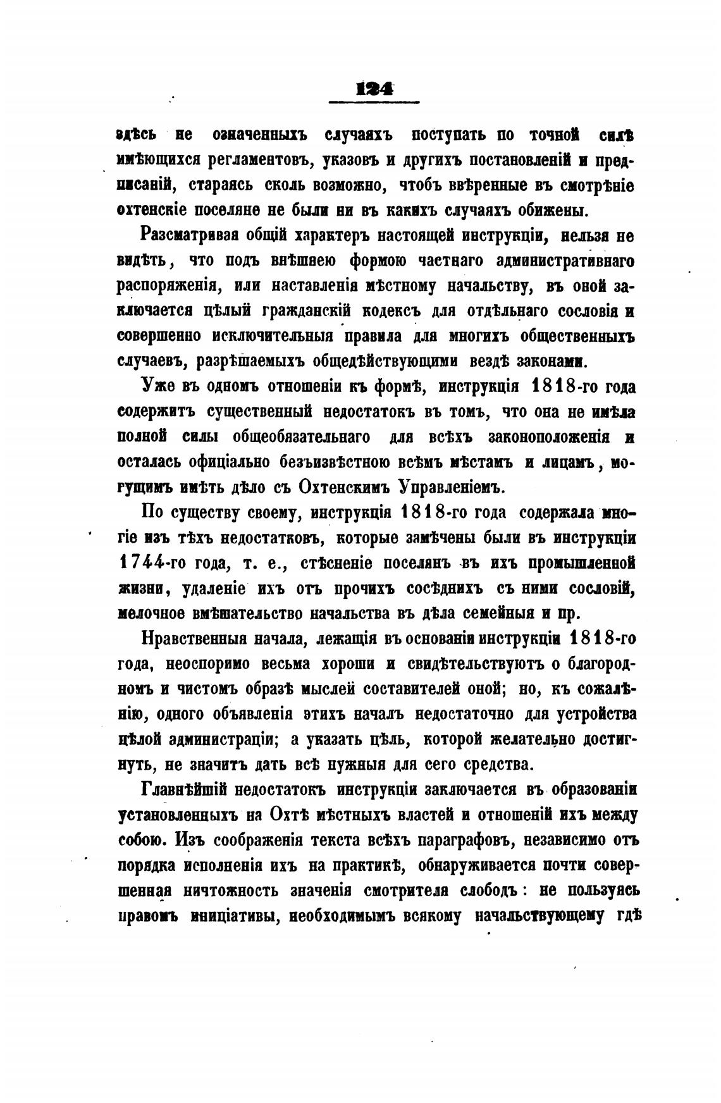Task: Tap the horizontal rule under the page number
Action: pos(375,102)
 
